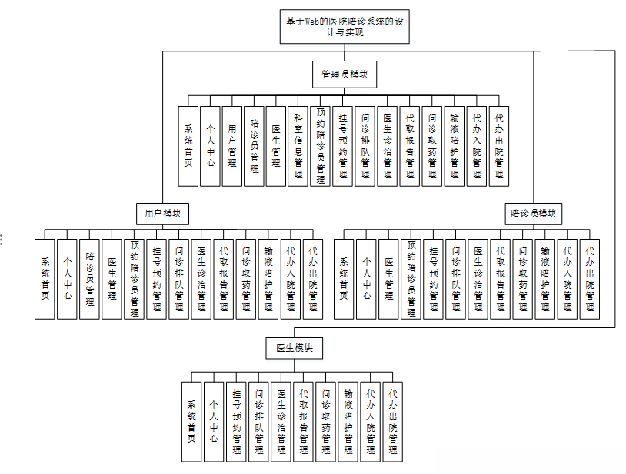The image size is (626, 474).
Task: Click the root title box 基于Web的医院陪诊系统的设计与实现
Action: [x=344, y=27]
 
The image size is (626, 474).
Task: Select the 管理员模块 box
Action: [x=344, y=75]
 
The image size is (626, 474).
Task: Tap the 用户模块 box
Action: [x=162, y=213]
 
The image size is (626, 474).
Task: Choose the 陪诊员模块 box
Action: [x=533, y=213]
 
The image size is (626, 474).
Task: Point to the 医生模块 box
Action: [x=295, y=348]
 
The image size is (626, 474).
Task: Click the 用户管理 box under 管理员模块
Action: [x=232, y=146]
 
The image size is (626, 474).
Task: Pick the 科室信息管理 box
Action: [x=298, y=146]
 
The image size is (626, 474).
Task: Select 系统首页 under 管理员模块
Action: [x=188, y=146]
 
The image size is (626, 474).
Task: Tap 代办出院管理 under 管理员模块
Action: [x=498, y=146]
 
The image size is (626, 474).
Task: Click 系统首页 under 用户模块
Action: [x=45, y=278]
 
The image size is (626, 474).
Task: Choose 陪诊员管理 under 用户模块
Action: [x=90, y=278]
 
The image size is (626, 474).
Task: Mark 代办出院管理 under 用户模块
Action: [x=312, y=278]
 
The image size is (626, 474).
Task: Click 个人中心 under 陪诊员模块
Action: [x=367, y=278]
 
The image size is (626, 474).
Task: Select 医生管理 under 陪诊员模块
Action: [x=389, y=278]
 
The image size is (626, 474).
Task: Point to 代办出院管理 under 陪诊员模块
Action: [x=590, y=278]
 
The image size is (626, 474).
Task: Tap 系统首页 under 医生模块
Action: [x=191, y=422]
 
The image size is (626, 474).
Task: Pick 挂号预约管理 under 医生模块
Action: [x=237, y=422]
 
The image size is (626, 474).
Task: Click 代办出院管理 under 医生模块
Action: [x=393, y=422]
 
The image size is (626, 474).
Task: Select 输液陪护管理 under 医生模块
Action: [x=348, y=422]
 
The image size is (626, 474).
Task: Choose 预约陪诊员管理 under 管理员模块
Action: [x=321, y=146]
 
